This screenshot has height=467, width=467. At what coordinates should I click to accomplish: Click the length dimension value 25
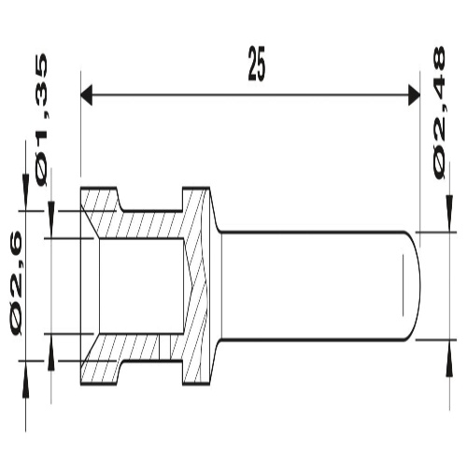pyautogui.click(x=257, y=64)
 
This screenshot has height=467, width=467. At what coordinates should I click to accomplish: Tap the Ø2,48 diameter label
pyautogui.click(x=439, y=113)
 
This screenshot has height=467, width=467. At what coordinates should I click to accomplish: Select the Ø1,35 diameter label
pyautogui.click(x=42, y=120)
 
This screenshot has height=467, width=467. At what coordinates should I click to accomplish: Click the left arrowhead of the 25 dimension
pyautogui.click(x=87, y=94)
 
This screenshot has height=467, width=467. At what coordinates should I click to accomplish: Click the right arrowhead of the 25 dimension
pyautogui.click(x=414, y=94)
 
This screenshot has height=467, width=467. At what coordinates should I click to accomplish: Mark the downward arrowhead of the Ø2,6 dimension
pyautogui.click(x=25, y=192)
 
